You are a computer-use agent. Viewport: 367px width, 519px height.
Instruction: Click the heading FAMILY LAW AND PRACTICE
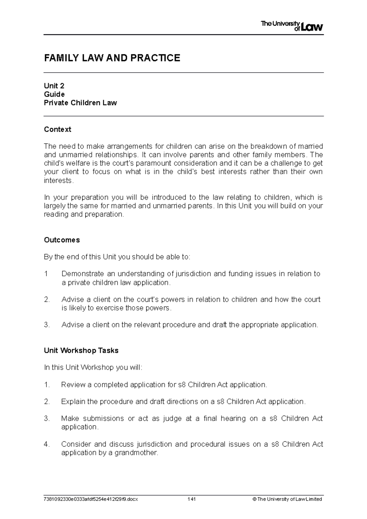click(112, 58)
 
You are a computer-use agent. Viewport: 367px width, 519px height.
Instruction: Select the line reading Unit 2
click(54, 86)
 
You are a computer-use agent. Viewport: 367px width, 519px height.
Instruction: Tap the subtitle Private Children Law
click(80, 103)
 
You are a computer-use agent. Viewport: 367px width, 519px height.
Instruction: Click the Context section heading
click(57, 129)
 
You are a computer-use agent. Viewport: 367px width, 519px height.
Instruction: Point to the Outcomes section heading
click(62, 240)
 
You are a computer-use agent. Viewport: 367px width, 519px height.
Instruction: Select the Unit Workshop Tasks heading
click(81, 350)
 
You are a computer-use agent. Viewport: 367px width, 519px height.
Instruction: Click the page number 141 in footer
click(192, 499)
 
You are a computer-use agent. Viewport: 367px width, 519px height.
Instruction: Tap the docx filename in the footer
click(91, 499)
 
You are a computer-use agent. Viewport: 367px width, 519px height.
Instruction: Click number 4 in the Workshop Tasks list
click(46, 444)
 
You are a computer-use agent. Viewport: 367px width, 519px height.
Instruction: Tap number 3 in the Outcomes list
click(46, 325)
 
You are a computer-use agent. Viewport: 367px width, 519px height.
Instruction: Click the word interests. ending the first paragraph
click(59, 181)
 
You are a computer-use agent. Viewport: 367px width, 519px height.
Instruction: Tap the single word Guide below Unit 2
click(54, 94)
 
